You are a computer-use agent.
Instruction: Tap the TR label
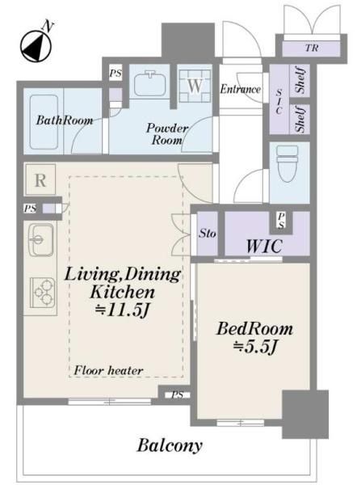tap(312, 48)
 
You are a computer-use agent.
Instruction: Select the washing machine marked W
tap(195, 86)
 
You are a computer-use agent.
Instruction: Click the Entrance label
tap(241, 90)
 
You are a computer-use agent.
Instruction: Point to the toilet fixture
tap(288, 163)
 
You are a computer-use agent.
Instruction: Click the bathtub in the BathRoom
tap(44, 122)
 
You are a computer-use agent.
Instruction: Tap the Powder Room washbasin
tap(150, 82)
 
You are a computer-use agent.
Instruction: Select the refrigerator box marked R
tap(40, 179)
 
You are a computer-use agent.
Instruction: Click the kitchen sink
tap(40, 240)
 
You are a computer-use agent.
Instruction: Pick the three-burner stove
tap(43, 293)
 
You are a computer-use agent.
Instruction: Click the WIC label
tap(264, 247)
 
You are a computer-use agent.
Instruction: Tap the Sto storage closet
tap(207, 234)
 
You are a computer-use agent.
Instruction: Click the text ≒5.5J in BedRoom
tap(254, 347)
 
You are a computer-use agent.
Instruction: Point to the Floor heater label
tap(108, 370)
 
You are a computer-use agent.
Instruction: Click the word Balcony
tap(170, 445)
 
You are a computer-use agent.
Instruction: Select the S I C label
tap(279, 101)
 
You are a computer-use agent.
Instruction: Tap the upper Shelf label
tap(300, 80)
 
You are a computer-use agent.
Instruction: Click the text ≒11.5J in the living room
tap(122, 310)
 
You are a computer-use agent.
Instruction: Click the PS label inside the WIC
tap(281, 221)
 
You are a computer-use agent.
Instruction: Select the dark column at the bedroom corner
tap(305, 414)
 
